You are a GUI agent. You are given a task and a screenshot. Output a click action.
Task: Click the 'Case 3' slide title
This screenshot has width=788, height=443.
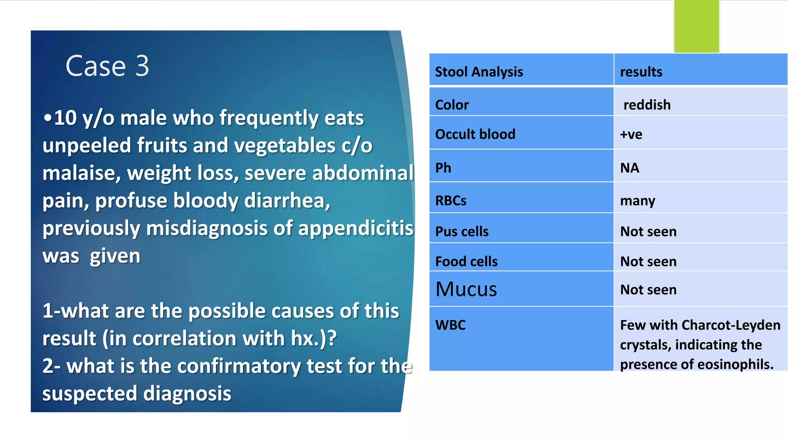click(107, 66)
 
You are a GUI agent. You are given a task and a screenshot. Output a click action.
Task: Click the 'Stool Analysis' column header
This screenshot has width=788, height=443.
click(479, 72)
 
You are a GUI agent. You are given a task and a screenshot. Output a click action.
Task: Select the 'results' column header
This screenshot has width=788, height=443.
click(641, 72)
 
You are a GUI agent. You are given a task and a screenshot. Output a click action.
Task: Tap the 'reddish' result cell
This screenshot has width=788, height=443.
click(647, 105)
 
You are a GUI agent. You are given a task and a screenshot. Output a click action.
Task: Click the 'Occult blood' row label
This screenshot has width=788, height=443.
click(475, 134)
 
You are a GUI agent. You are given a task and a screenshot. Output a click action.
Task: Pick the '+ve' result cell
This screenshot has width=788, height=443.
click(631, 135)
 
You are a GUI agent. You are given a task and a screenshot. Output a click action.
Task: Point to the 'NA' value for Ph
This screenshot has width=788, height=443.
click(629, 168)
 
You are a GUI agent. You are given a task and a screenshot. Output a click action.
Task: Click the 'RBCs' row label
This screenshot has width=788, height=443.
click(451, 201)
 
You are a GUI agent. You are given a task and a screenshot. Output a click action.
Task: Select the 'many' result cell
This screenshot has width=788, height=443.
click(638, 201)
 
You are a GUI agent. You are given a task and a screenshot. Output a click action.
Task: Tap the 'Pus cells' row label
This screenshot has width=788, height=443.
click(462, 231)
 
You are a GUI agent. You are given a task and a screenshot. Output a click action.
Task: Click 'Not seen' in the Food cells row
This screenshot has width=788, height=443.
click(648, 261)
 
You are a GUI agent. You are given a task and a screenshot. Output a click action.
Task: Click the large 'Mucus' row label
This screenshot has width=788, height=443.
click(466, 289)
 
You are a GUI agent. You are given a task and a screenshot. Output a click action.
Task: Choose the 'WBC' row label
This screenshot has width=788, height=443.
click(450, 325)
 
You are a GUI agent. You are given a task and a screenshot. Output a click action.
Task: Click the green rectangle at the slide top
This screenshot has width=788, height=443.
click(696, 26)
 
